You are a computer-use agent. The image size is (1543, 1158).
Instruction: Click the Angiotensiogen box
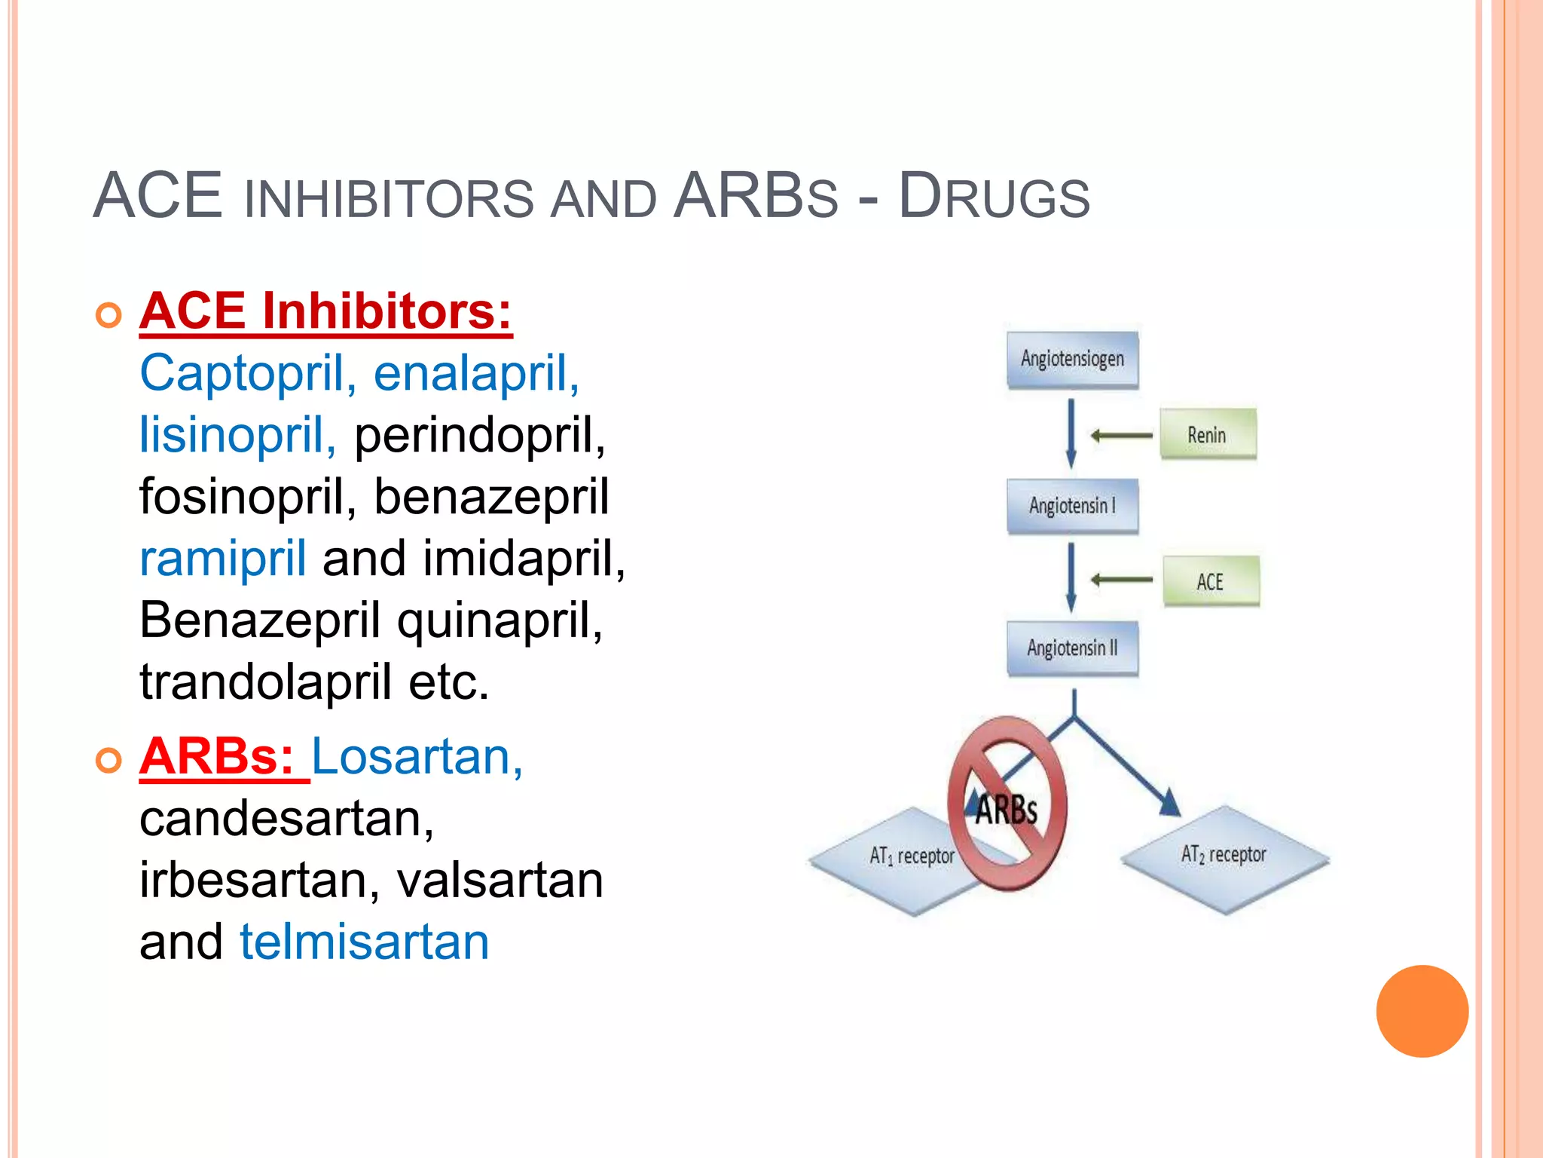[x=1072, y=360]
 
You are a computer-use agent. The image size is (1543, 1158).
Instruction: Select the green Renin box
[x=1207, y=435]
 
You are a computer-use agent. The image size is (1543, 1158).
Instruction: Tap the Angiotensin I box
[x=1072, y=506]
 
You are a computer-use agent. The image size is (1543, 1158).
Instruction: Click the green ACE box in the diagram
[x=1210, y=581]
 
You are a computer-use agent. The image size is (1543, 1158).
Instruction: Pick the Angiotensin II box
[x=1072, y=648]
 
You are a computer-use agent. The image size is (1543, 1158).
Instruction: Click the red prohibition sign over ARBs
[x=1007, y=803]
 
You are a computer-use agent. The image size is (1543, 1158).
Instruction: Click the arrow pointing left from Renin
[x=1122, y=435]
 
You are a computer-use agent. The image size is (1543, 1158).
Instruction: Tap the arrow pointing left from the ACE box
[x=1122, y=580]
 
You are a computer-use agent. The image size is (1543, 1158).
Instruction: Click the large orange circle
[x=1422, y=1011]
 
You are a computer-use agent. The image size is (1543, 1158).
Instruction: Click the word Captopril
[x=240, y=373]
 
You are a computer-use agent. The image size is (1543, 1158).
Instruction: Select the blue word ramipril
[x=222, y=559]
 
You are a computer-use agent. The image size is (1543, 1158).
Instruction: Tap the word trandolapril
[x=265, y=682]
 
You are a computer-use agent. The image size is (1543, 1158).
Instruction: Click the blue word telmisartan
[x=364, y=942]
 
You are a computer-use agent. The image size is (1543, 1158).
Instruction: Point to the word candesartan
[x=286, y=819]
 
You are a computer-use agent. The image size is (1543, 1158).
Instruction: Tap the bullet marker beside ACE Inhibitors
[x=109, y=314]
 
